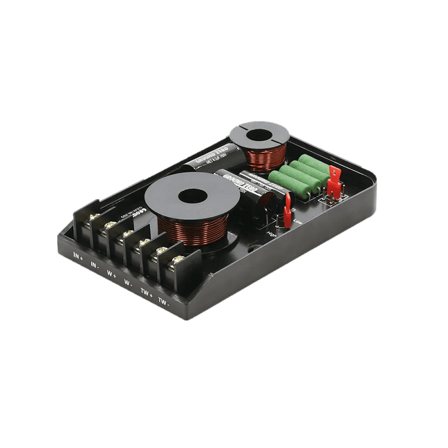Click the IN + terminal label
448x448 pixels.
coord(78,256)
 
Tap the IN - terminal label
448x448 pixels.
coord(95,265)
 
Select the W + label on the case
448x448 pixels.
coord(111,274)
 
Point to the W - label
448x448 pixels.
coord(128,283)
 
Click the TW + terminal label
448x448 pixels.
coord(146,292)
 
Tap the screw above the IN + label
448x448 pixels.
coord(95,216)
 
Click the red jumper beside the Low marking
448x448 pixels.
coord(287,211)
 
